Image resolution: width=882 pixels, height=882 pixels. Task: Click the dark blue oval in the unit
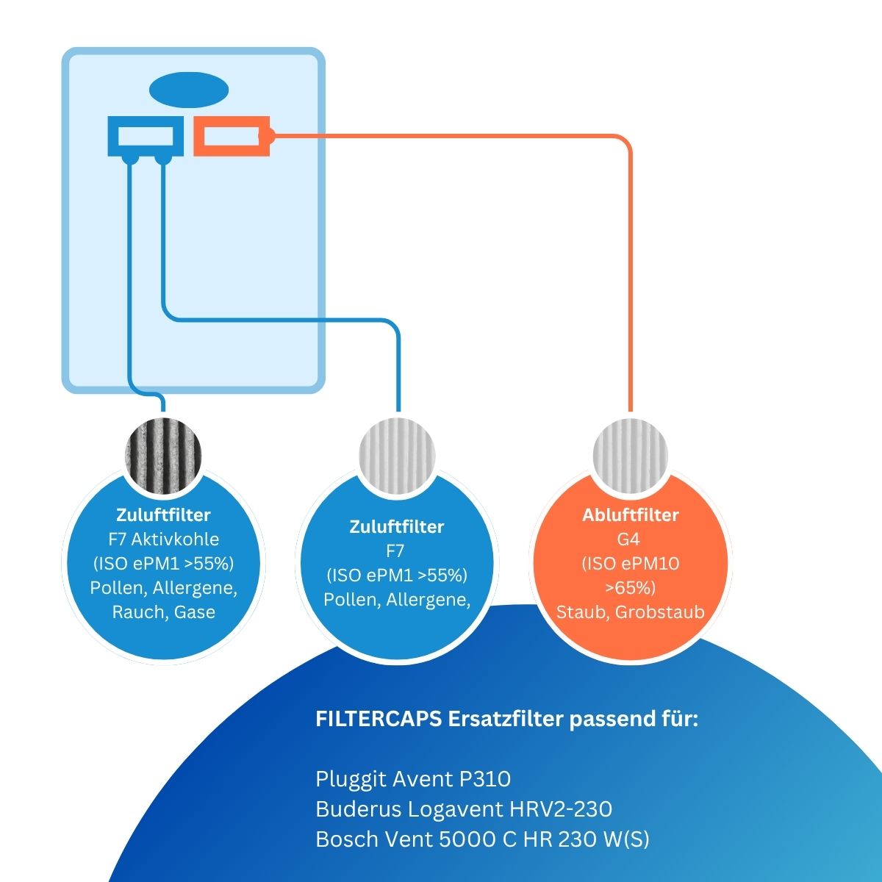[189, 90]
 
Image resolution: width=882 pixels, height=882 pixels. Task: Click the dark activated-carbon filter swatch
[163, 456]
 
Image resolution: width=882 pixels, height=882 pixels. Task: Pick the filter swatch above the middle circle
[397, 456]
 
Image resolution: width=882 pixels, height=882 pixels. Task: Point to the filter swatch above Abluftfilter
[630, 456]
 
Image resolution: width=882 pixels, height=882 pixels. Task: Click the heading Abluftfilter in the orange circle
[630, 515]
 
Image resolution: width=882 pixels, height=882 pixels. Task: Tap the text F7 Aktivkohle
[163, 539]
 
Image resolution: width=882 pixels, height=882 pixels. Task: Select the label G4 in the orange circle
[628, 539]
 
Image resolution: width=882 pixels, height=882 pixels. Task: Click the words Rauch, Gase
[163, 612]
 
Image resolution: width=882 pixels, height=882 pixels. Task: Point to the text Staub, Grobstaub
[630, 612]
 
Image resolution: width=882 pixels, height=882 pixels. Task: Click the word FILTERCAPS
[379, 719]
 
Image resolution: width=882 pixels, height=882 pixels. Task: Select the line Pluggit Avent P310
[413, 779]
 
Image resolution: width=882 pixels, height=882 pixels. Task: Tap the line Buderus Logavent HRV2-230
[464, 809]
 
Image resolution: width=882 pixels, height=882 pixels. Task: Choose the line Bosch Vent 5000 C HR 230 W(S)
[482, 839]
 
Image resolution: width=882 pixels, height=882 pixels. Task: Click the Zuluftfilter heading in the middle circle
[397, 527]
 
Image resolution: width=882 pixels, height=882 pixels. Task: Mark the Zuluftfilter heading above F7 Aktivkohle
[163, 515]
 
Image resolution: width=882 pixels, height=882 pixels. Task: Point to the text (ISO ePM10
[630, 564]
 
